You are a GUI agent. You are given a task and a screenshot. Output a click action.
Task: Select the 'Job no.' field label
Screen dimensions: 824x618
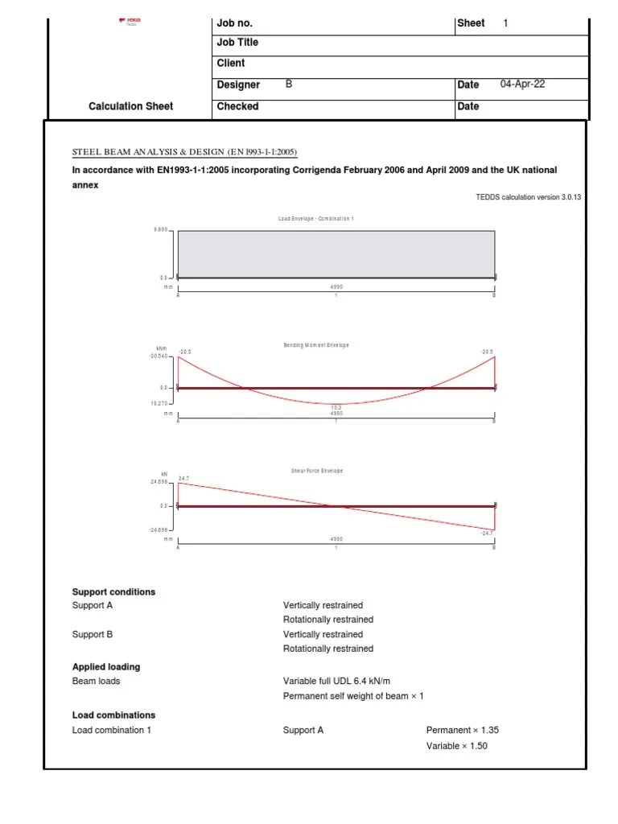pyautogui.click(x=235, y=23)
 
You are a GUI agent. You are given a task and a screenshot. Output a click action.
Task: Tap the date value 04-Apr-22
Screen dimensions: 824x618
pyautogui.click(x=522, y=84)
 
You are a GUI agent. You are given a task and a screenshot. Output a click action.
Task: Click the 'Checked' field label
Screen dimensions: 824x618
pyautogui.click(x=237, y=106)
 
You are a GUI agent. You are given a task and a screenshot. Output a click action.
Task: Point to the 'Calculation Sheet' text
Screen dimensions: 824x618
pyautogui.click(x=130, y=106)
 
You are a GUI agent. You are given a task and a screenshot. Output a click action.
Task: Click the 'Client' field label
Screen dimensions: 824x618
pyautogui.click(x=231, y=63)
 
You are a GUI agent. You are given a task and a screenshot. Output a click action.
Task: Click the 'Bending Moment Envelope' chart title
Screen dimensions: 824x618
pyautogui.click(x=315, y=345)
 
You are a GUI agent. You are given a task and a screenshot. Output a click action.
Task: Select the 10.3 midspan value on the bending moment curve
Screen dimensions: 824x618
pyautogui.click(x=336, y=408)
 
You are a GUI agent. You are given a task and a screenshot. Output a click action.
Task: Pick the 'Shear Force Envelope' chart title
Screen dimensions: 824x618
pyautogui.click(x=315, y=471)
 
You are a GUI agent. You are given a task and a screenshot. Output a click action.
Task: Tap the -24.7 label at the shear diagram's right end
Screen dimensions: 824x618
pyautogui.click(x=487, y=533)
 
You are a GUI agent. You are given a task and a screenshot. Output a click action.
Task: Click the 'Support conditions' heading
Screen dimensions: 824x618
pyautogui.click(x=113, y=592)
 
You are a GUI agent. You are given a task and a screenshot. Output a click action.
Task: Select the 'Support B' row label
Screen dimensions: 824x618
pyautogui.click(x=93, y=634)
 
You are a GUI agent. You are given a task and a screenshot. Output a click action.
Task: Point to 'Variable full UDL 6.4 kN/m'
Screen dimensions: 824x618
pyautogui.click(x=348, y=681)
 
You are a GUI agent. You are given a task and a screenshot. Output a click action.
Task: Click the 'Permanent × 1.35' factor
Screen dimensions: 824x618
pyautogui.click(x=463, y=730)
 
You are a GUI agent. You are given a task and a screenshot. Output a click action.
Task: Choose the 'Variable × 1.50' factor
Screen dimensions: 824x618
pyautogui.click(x=457, y=746)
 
